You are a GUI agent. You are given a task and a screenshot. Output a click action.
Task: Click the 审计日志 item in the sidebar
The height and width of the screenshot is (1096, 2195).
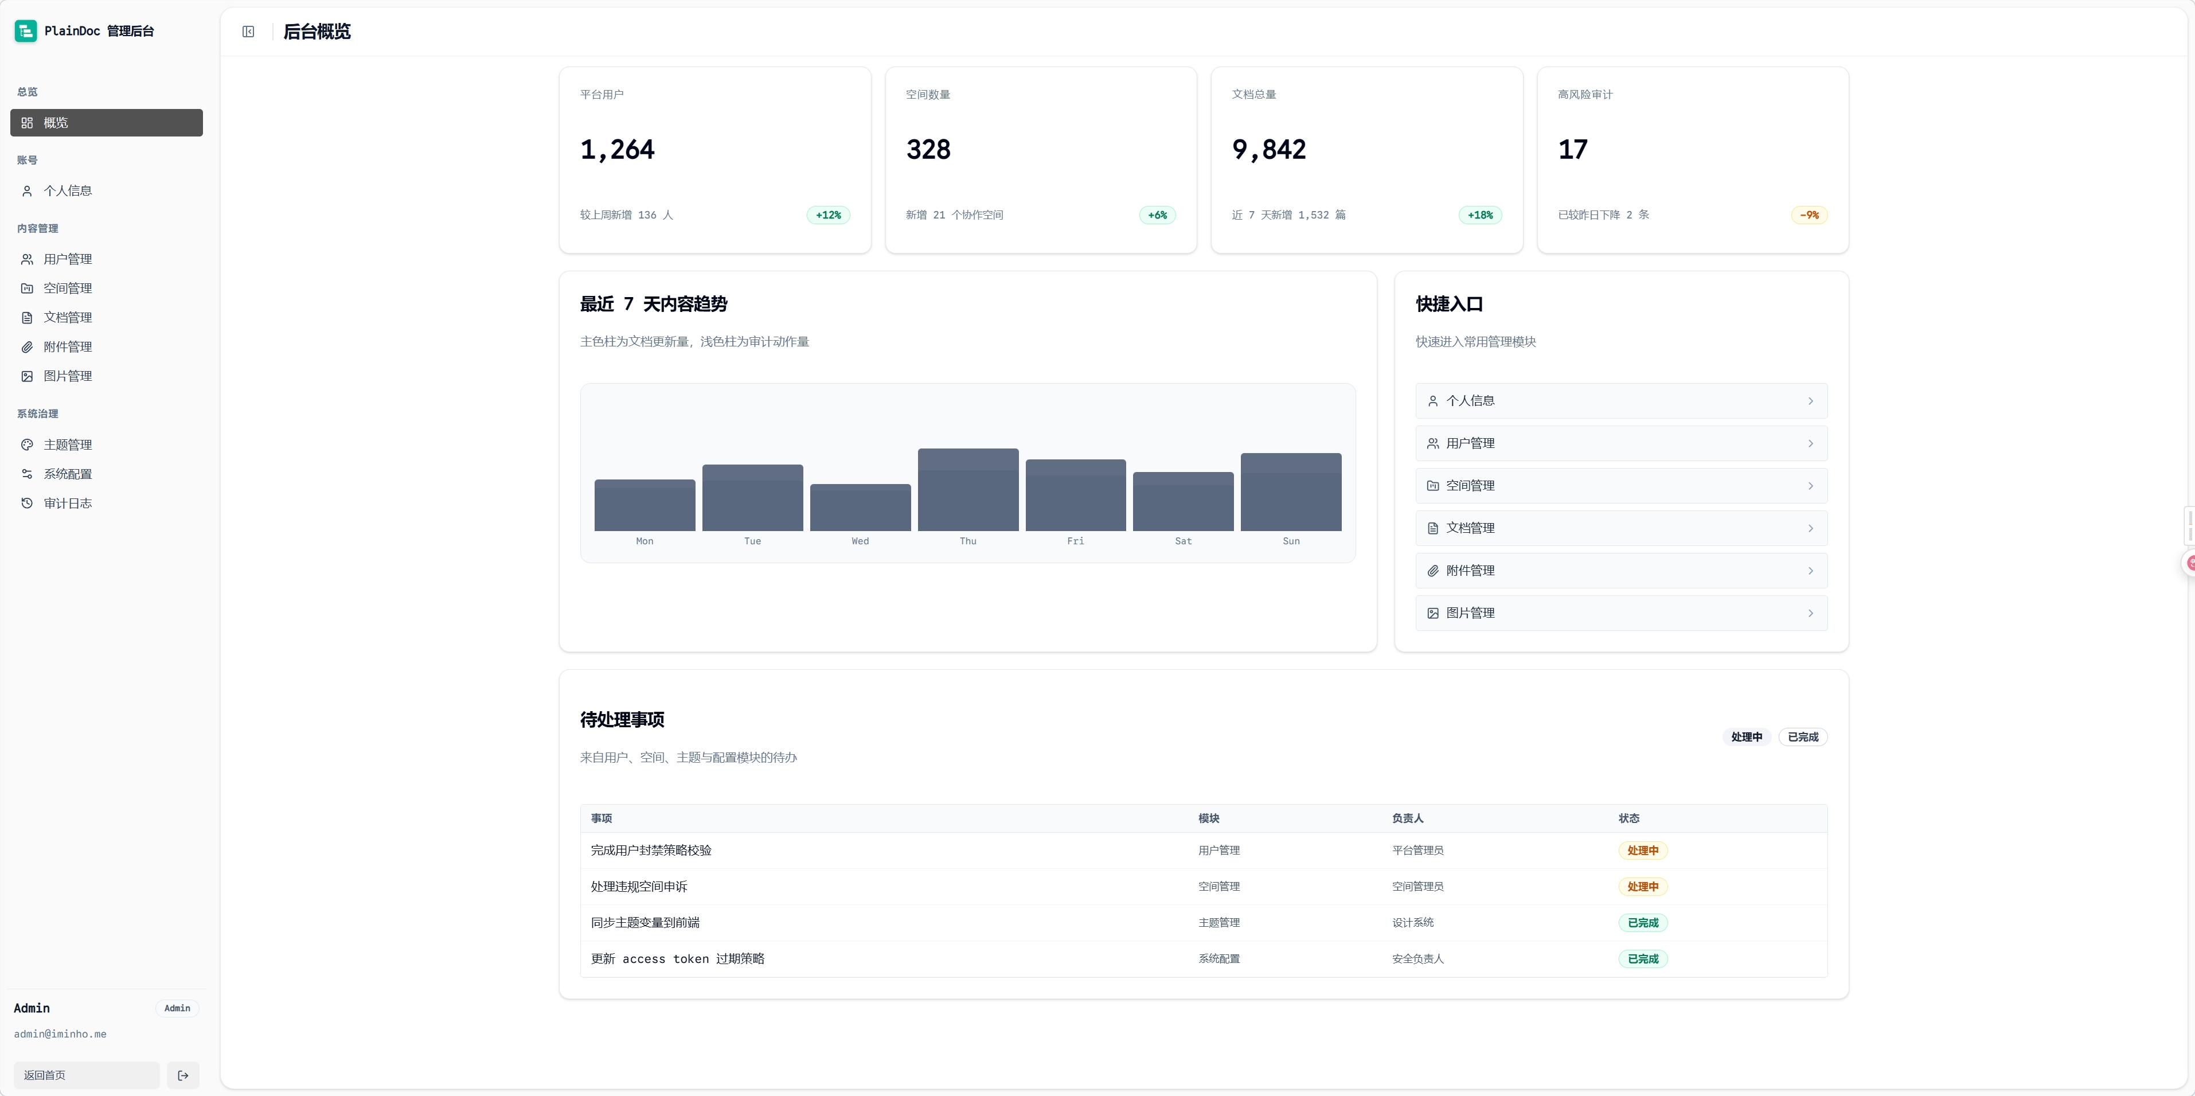click(67, 504)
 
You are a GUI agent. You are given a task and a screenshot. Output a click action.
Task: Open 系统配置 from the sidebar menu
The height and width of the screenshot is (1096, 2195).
click(67, 474)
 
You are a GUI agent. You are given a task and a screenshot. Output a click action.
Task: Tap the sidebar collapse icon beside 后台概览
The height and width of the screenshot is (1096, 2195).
click(248, 32)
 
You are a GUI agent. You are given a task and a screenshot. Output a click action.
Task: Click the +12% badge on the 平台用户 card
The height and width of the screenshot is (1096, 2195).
click(828, 214)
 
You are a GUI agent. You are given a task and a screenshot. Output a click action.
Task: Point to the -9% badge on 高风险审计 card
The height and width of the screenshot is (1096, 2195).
click(1809, 214)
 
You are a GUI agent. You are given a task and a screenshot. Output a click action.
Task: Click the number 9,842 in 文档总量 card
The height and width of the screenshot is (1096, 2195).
click(1269, 150)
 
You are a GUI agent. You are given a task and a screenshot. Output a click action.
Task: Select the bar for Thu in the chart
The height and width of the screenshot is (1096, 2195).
click(968, 489)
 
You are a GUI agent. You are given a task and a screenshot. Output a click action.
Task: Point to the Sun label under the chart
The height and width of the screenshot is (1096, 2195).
click(1291, 541)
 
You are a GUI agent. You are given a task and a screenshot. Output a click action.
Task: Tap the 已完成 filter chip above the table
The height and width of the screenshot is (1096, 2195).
click(1802, 737)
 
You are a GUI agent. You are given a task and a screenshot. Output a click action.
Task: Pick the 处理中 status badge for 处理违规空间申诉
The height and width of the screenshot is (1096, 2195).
click(1642, 886)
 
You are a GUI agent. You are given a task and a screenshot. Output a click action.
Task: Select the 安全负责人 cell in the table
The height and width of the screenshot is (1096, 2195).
click(1417, 959)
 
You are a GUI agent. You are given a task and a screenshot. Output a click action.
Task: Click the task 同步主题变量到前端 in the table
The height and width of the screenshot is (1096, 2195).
click(645, 923)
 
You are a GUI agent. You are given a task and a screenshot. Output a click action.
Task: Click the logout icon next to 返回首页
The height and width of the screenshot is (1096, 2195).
click(183, 1075)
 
